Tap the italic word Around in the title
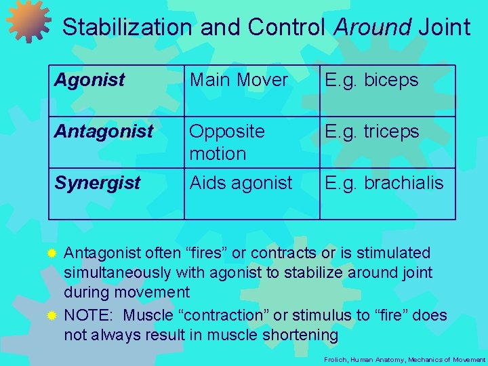click(373, 27)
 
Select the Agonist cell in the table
click(89, 81)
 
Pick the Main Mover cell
click(239, 80)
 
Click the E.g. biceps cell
click(371, 80)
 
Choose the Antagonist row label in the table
click(104, 131)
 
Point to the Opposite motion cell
click(227, 142)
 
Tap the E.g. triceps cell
click(372, 131)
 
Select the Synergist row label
click(98, 183)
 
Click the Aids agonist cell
click(241, 182)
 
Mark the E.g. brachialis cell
click(384, 182)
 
